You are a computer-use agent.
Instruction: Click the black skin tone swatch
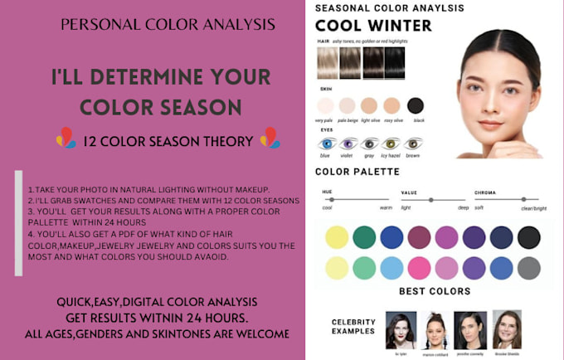tap(416, 105)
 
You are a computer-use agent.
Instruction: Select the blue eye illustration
tap(326, 144)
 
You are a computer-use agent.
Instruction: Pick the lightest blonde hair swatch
tap(328, 61)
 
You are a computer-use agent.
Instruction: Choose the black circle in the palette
tap(528, 237)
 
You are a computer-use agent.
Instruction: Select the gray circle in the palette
tap(528, 268)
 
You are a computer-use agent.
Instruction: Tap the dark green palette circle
tap(364, 237)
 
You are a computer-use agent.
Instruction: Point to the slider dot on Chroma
tap(525, 199)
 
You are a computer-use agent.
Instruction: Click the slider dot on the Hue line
tap(337, 199)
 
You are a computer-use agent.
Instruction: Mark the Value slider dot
tap(430, 199)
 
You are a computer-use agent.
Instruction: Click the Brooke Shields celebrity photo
tap(507, 328)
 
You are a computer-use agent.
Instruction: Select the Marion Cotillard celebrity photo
tap(435, 329)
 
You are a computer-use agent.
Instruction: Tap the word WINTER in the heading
tap(401, 25)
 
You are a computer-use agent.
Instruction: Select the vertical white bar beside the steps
tap(18, 222)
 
